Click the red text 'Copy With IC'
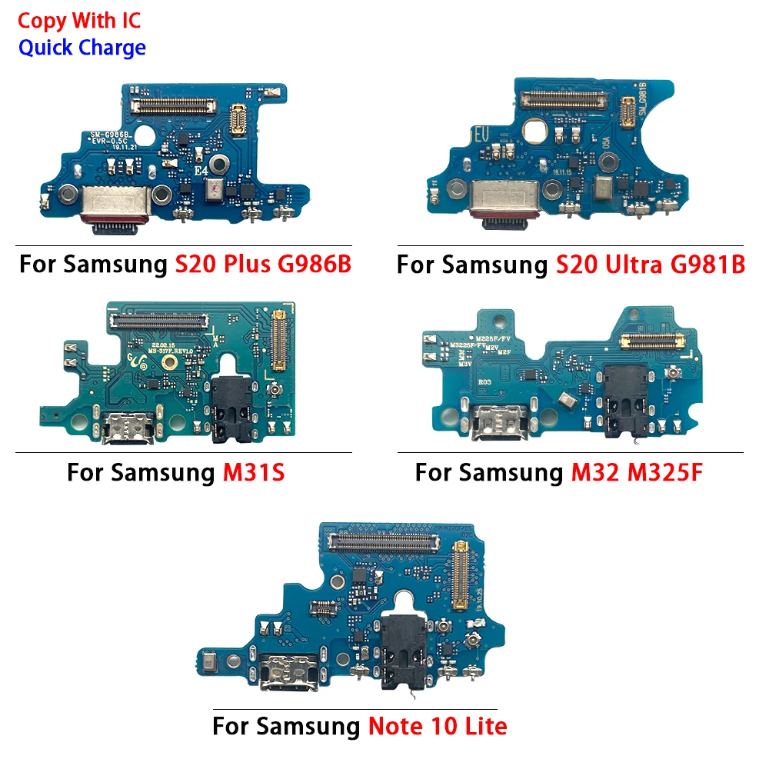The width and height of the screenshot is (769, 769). coord(79,20)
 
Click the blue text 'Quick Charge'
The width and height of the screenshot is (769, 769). coord(82,48)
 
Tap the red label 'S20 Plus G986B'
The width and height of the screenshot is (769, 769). coord(264,265)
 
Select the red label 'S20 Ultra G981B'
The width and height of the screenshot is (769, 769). coord(651,265)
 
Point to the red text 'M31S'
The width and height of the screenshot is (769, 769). coord(254,472)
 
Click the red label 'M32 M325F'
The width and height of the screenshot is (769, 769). coord(637,472)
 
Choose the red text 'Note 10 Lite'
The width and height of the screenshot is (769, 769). coord(437,725)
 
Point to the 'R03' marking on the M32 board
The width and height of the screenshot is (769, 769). coord(486,380)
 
